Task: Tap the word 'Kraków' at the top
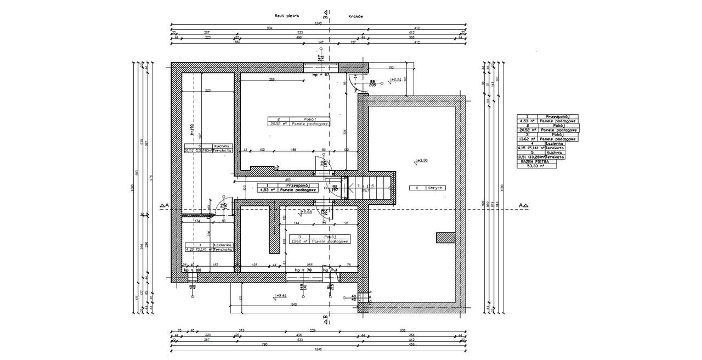pos(356,16)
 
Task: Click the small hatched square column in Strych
pos(445,238)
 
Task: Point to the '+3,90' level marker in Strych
pos(422,161)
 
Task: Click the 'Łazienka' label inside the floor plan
pos(223,245)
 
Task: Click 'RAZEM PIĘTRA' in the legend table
pos(536,161)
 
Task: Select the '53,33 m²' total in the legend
pos(536,166)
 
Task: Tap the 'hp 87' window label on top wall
pos(320,74)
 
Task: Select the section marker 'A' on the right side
pos(523,206)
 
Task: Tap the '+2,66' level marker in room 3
pos(307,211)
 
